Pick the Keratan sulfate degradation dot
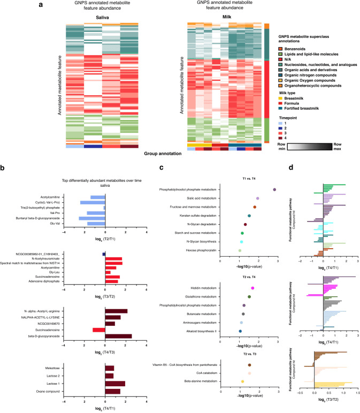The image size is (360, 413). pyautogui.click(x=249, y=216)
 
